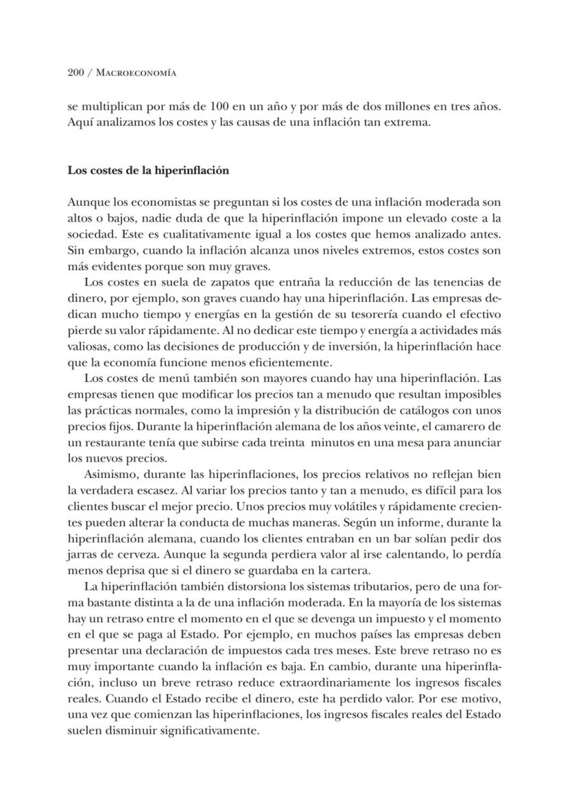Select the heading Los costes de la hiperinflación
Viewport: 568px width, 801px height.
147,171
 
